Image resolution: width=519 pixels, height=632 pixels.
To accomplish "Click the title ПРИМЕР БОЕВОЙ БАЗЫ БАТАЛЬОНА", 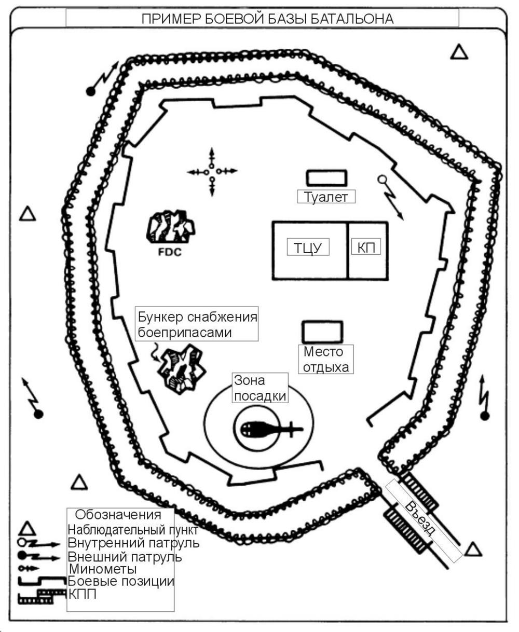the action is (267, 19).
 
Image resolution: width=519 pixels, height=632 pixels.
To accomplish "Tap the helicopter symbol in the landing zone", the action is (271, 430).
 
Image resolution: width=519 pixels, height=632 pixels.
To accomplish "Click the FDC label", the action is (170, 252).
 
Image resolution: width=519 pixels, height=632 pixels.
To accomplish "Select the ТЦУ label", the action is (308, 248).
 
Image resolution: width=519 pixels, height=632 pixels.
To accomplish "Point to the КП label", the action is (366, 247).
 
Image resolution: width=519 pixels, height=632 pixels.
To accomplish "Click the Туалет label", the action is (326, 197).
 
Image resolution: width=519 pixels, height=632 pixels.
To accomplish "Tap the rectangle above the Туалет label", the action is (326, 178).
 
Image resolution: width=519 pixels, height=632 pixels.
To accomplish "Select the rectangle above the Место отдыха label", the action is (322, 332).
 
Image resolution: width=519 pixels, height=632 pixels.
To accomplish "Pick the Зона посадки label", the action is (260, 388).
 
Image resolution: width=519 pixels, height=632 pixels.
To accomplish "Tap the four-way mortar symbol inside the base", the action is (212, 172).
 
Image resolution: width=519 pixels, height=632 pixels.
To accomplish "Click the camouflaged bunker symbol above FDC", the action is (171, 226).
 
